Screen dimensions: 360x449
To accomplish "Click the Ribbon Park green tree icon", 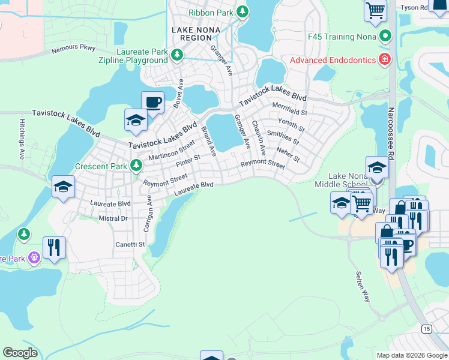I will (x=242, y=11).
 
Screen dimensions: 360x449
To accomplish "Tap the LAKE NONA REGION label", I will (x=195, y=34).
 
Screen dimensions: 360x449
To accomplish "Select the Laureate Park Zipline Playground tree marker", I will (x=177, y=56).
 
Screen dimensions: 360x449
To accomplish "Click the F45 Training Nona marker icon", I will (x=385, y=37).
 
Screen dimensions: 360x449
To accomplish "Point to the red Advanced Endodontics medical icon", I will (x=382, y=59).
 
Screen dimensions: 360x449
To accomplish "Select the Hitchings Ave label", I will (x=22, y=142).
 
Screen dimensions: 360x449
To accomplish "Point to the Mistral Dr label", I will (x=113, y=219).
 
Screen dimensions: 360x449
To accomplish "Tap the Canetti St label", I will (x=130, y=244).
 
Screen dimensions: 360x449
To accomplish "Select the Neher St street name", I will (x=288, y=154).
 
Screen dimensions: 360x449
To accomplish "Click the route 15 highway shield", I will (x=426, y=329).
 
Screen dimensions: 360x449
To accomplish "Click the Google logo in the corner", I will (x=20, y=353).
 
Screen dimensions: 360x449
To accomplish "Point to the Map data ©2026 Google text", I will (x=411, y=355).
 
